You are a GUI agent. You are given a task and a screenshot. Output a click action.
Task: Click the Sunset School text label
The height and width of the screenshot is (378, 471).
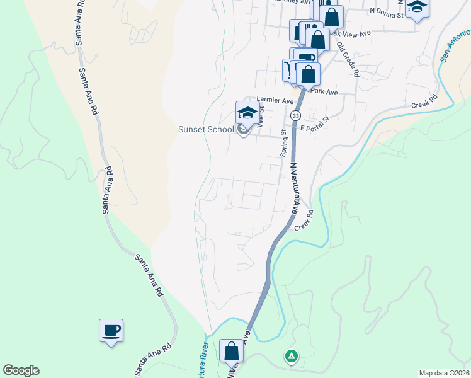[205, 130]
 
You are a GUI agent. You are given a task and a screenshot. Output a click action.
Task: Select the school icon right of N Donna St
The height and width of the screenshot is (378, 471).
[417, 8]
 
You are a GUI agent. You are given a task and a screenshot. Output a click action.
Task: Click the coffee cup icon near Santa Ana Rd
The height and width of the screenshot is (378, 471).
[111, 330]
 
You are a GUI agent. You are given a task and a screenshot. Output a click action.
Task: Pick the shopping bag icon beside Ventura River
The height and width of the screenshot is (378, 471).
[231, 350]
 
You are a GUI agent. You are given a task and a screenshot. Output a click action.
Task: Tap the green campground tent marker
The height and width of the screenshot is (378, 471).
[291, 357]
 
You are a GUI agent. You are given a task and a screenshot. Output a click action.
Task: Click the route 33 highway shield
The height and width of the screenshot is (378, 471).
[295, 116]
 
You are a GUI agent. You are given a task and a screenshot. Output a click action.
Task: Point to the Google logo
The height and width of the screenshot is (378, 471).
[21, 370]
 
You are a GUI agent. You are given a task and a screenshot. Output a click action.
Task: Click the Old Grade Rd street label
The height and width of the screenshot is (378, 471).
[347, 59]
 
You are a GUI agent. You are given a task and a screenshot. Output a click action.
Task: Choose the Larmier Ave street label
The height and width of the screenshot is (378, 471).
[275, 100]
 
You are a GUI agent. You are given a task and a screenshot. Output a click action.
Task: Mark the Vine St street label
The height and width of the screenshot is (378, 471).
[258, 117]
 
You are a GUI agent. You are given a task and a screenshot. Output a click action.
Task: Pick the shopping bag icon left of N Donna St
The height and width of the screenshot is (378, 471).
[332, 17]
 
